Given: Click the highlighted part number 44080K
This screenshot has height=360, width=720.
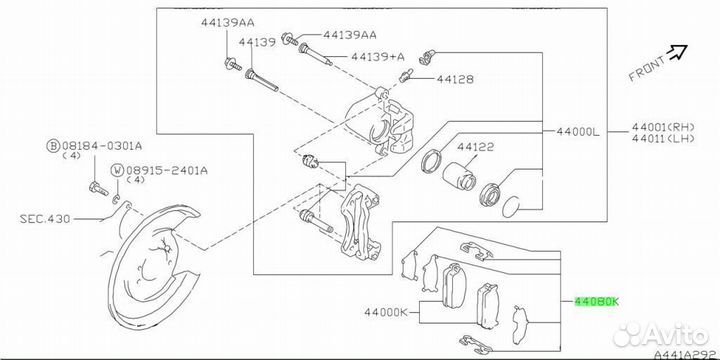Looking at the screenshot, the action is coord(596,302).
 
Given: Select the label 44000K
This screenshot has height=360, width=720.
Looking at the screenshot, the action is coord(386,313).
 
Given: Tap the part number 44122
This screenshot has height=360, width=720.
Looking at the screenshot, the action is coord(475,147).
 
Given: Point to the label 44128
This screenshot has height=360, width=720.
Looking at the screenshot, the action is coord(455,79).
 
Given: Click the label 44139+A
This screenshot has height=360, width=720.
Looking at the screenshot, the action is coord(377,56).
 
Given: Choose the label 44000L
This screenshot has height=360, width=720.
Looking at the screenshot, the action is coord(578,132).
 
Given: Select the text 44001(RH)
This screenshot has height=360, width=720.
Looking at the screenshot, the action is coord(663,127).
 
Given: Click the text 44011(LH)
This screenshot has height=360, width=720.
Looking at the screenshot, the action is coord(663,139).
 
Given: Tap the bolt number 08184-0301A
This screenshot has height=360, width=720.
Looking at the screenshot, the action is coord(102,146).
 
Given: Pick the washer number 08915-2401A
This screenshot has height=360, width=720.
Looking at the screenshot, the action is coord(167,170).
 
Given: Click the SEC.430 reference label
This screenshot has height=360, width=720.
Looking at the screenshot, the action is coord(45,219).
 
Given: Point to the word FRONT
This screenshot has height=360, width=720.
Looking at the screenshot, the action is coord(647,69).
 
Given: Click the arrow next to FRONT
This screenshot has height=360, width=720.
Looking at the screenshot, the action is coord(677,52).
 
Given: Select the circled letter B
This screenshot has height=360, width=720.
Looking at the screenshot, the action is coord(54,146).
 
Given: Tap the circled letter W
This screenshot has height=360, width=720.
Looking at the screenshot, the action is coord(118,171).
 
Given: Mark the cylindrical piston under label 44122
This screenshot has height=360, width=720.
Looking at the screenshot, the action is coord(457,176).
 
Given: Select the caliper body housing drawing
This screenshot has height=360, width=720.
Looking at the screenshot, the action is coord(381,123).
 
